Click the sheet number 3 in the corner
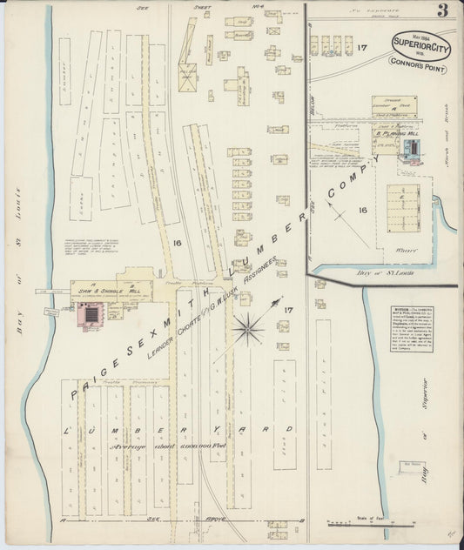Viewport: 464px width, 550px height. click(x=444, y=12)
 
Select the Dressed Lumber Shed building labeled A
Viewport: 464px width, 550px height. click(x=393, y=105)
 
